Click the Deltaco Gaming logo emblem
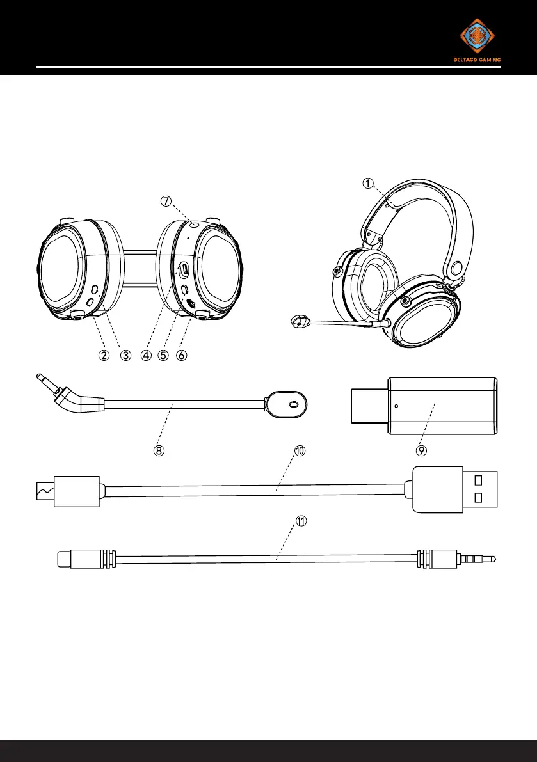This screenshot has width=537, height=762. coord(477,36)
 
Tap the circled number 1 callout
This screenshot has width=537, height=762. coord(369,183)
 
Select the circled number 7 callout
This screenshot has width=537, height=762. coord(166,201)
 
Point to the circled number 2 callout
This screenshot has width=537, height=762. coord(104,355)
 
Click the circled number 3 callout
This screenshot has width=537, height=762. coord(126,355)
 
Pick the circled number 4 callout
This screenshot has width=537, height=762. coord(147,355)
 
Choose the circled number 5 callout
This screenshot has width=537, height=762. coord(163,355)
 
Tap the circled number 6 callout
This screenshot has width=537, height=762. coord(181,355)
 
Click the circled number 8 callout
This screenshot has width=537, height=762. coord(159,450)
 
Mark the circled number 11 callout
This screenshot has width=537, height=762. coord(301,520)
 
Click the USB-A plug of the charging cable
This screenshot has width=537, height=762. coord(455,489)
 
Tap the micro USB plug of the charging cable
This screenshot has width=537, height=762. coord(68,492)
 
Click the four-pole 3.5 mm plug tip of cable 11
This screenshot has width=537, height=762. coord(476,559)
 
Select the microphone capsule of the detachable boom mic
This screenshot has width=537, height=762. coord(287,404)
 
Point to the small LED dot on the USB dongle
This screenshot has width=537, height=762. coord(397,406)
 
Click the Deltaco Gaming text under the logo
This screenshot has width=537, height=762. coord(477,60)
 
